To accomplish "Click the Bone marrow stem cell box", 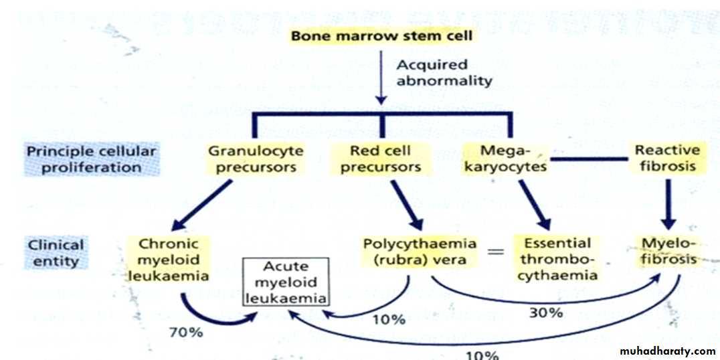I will click(381, 35).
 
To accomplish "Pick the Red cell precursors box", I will click(380, 159).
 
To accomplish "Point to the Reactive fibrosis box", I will click(667, 159).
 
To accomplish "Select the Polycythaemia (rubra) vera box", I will click(420, 250).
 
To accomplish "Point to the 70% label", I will click(187, 331).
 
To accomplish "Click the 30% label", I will click(546, 312).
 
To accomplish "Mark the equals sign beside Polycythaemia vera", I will click(494, 252).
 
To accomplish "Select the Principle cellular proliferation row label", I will click(91, 159).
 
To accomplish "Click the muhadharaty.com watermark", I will click(667, 351).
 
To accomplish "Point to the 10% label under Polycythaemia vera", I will click(389, 320).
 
